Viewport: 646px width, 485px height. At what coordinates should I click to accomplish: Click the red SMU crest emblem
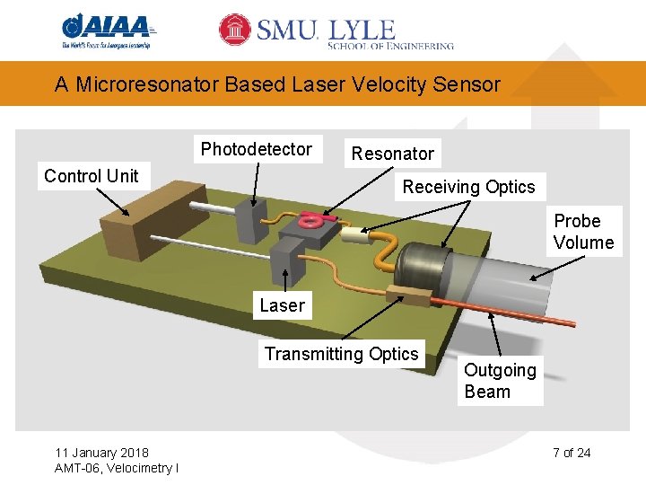click(235, 30)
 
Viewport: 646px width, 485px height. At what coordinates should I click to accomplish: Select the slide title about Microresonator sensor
click(277, 84)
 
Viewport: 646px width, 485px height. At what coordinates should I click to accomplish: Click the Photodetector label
click(257, 149)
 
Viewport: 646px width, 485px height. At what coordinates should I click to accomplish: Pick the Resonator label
click(392, 154)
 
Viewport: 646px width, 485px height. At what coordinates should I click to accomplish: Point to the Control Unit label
click(92, 176)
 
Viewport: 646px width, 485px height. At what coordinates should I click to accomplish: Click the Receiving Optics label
click(468, 187)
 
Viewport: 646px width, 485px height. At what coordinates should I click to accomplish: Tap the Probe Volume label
click(583, 232)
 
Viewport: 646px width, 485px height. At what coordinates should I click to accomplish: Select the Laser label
click(282, 305)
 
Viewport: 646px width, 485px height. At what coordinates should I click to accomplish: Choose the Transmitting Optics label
click(342, 354)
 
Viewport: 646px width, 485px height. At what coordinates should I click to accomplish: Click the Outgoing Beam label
click(500, 381)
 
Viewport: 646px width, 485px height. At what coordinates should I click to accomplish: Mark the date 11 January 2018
click(102, 452)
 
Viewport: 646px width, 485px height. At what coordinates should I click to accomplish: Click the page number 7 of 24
click(572, 452)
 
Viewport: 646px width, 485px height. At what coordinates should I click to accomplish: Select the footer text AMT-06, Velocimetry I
click(116, 468)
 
